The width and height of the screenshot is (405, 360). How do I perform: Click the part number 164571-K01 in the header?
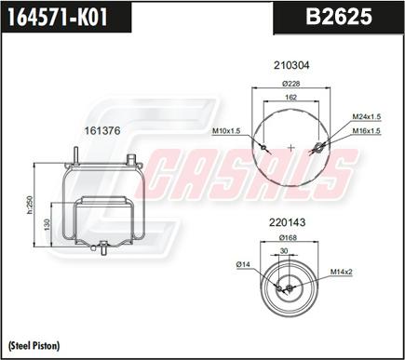[61, 16]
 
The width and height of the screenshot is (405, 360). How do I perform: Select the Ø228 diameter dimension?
[291, 85]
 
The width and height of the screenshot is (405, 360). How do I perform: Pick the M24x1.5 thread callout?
[366, 116]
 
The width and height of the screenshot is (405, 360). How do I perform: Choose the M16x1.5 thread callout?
[366, 131]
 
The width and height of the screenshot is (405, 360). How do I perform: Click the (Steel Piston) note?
[34, 345]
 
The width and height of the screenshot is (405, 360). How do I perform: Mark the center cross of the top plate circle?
[291, 147]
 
